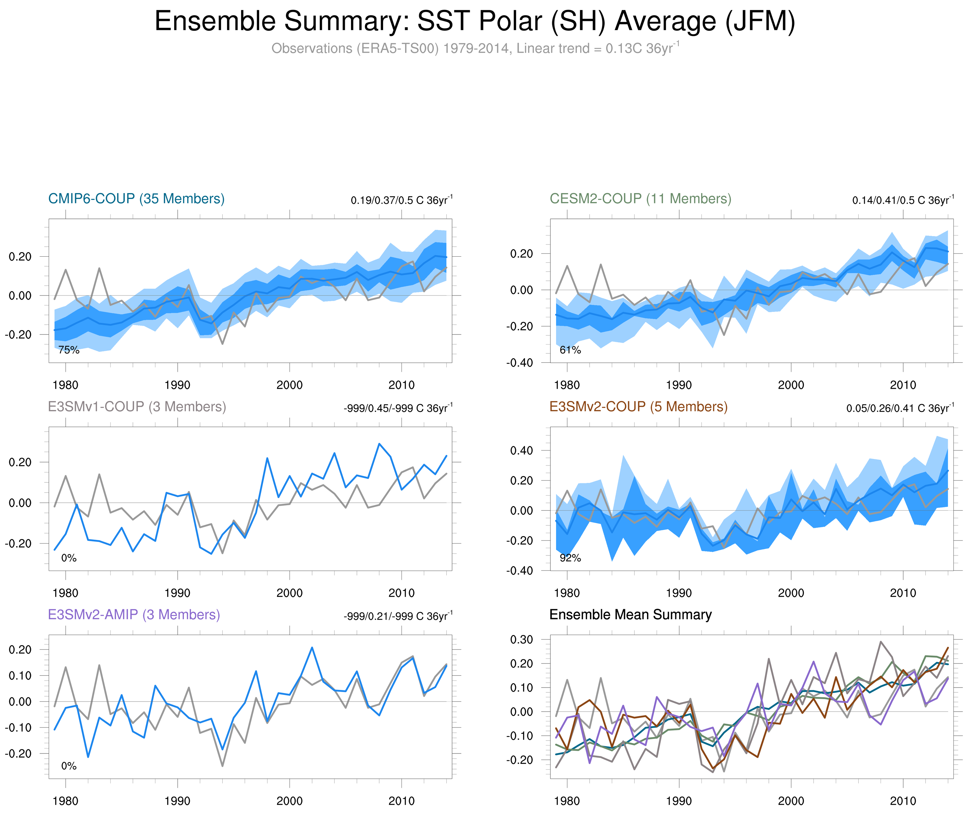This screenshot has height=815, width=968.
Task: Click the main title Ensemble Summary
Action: coord(474,21)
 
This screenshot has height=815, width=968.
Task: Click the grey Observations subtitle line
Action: coord(474,48)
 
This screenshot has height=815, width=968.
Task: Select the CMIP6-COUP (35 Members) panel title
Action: coord(136,199)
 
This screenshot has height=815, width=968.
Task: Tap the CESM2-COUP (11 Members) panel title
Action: coord(640,199)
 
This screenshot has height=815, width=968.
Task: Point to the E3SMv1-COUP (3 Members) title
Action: coord(137,407)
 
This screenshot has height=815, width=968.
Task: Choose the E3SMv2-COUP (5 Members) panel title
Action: coord(638,407)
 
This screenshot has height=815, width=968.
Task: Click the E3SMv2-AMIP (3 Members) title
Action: coord(134,615)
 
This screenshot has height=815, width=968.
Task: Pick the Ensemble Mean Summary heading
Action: coord(630,615)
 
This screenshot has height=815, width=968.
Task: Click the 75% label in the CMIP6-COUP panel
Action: coord(69,350)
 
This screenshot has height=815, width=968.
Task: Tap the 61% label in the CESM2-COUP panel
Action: coord(570,350)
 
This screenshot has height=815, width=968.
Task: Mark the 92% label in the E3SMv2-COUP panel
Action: coord(570,558)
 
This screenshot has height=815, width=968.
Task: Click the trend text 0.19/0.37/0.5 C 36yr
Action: coord(401,200)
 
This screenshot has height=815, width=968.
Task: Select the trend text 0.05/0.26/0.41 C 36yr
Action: coord(900,408)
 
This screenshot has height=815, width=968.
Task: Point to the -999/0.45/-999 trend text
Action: coord(398,408)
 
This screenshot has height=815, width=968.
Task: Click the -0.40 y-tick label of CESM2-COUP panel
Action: coord(520,363)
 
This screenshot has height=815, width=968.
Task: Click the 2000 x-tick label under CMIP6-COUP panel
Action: coord(289,385)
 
